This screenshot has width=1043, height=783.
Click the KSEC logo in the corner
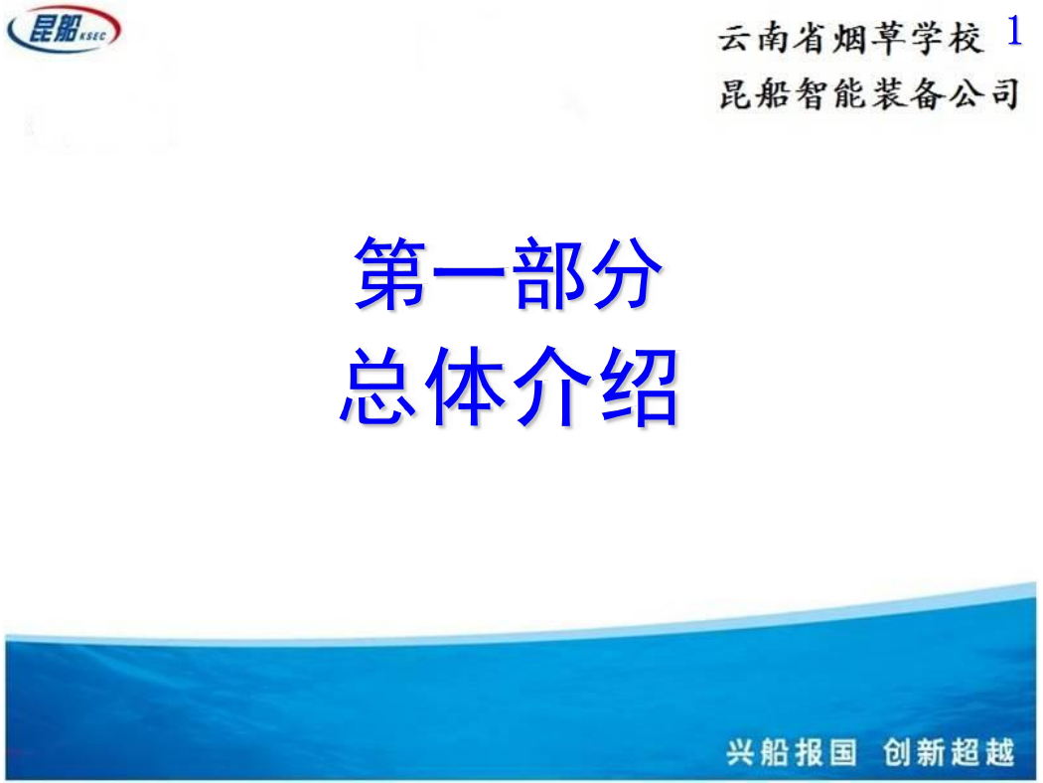(64, 28)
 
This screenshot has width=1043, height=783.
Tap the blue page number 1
(1014, 30)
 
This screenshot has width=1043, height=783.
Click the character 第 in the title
(391, 272)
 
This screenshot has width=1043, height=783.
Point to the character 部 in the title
(546, 272)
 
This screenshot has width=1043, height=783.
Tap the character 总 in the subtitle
(377, 386)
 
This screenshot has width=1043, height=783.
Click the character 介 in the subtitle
(552, 386)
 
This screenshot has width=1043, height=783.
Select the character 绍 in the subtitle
(640, 386)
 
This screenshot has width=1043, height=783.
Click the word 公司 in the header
(983, 93)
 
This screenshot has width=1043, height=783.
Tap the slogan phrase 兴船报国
(792, 752)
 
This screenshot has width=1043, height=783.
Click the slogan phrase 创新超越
(949, 752)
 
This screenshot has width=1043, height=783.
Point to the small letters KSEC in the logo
(92, 35)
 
